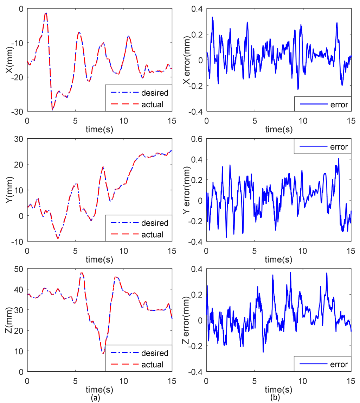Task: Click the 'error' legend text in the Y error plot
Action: [337, 147]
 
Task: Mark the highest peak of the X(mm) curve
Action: [46, 13]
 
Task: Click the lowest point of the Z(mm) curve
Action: [103, 353]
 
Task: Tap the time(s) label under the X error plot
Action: [278, 130]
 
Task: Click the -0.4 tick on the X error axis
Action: [195, 111]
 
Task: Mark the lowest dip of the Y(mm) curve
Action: [58, 238]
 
